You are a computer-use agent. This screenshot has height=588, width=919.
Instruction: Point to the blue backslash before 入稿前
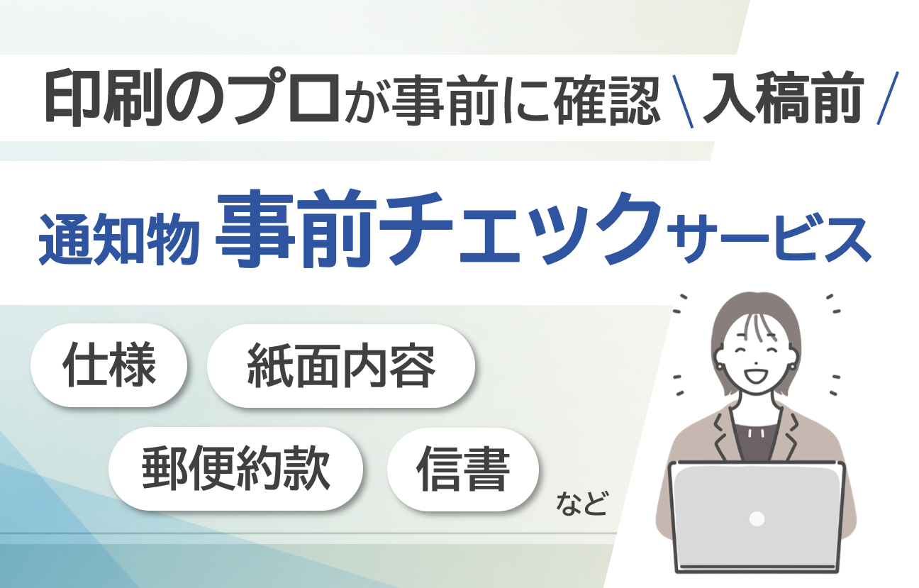click(686, 99)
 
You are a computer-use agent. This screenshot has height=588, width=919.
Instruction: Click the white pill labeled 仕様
click(109, 365)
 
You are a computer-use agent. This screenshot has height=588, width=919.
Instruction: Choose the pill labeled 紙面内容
click(340, 366)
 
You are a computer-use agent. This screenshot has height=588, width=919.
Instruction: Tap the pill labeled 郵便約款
click(236, 469)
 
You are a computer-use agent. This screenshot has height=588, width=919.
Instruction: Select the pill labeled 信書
click(463, 469)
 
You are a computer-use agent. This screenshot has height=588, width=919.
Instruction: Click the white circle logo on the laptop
click(757, 518)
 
